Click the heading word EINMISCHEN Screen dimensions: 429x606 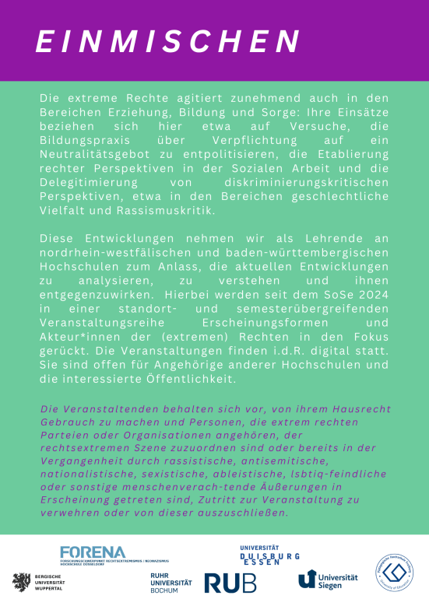[168, 40]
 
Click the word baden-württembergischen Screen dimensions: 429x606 [277, 254]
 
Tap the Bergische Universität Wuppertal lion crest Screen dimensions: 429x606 [19, 581]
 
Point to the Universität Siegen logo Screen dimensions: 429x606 [328, 580]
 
